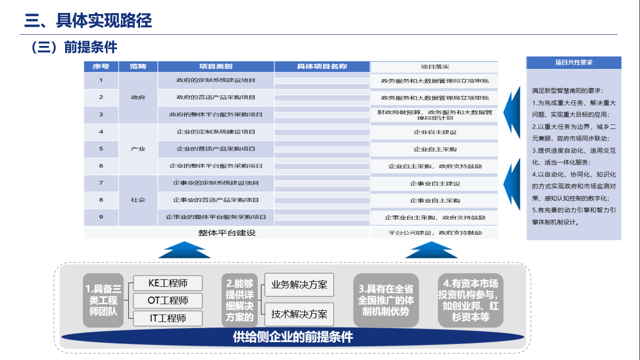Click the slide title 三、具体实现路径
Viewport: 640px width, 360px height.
[x=88, y=21]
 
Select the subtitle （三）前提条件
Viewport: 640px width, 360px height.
[x=74, y=47]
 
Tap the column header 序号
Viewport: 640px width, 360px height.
[x=101, y=67]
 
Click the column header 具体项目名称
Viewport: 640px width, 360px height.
[x=322, y=67]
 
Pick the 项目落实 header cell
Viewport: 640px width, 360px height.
[x=435, y=67]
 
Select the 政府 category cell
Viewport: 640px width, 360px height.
[x=138, y=97]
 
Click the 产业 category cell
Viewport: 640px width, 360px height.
[x=138, y=149]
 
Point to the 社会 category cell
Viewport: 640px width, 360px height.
[x=138, y=200]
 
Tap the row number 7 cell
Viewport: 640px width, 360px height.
[x=101, y=183]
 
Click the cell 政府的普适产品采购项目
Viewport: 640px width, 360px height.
[x=216, y=97]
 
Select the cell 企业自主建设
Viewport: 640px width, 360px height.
[x=435, y=132]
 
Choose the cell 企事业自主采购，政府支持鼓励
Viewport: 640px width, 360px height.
[x=435, y=217]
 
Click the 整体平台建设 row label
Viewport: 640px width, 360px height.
[x=227, y=233]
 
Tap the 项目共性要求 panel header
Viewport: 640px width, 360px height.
[x=574, y=63]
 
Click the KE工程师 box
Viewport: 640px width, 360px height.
[x=168, y=283]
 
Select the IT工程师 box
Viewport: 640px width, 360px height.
[x=168, y=318]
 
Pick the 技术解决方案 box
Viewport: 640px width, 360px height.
[x=299, y=314]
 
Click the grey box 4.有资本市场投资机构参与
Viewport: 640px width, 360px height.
[x=470, y=300]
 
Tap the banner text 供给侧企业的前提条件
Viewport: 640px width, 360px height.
[x=293, y=337]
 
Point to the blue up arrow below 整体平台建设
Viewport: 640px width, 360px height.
[x=185, y=250]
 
